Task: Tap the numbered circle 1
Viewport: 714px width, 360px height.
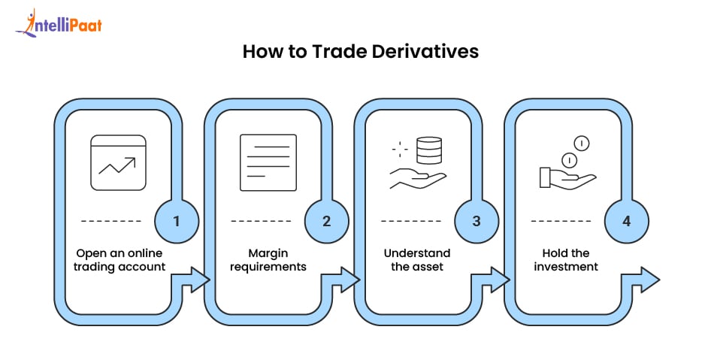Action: (176, 222)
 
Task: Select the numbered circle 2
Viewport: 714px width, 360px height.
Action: (326, 222)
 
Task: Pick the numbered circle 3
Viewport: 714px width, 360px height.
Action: (477, 222)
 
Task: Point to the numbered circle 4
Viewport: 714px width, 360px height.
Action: (627, 222)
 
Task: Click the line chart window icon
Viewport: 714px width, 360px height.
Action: (117, 162)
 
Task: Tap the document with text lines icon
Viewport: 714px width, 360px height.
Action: (268, 162)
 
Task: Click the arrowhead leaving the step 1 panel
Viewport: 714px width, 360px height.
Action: (201, 281)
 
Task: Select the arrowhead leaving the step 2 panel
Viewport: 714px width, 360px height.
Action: (351, 281)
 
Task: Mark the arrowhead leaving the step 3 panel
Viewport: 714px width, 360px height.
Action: (501, 281)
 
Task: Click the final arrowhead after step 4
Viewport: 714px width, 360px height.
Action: (652, 281)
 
